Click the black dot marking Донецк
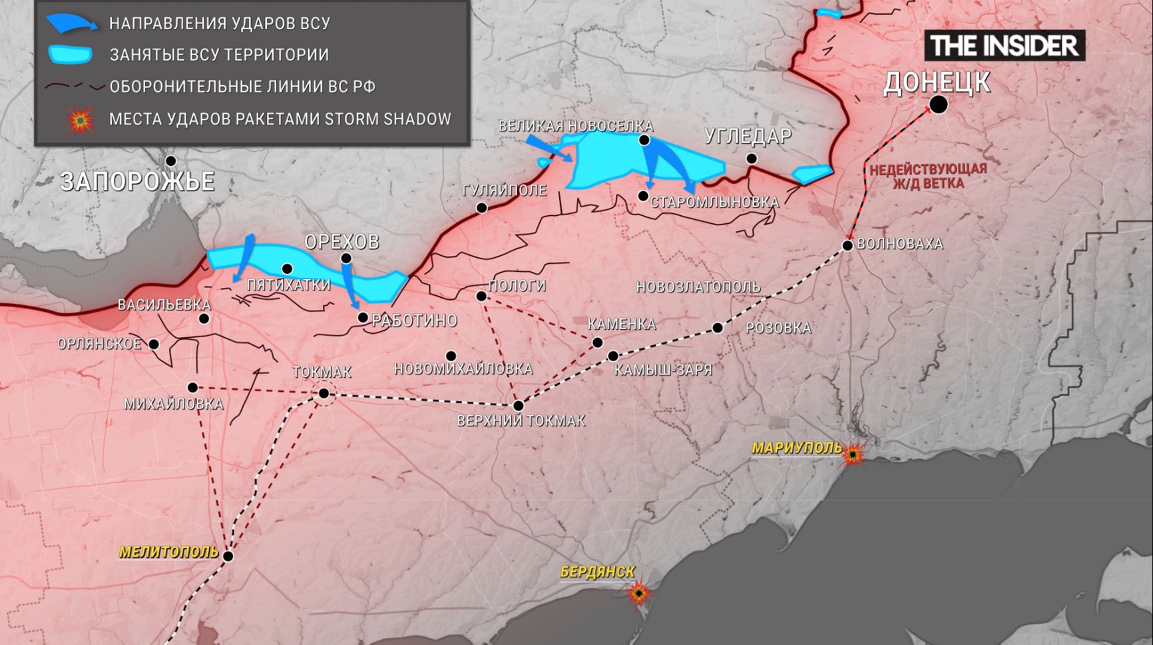click(938, 105)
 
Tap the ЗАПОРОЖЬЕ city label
click(137, 182)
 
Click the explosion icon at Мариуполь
click(853, 455)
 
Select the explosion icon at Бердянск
click(639, 592)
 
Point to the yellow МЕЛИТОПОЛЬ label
click(169, 552)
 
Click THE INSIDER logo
click(1004, 46)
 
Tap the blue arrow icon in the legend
click(71, 24)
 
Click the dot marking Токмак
click(324, 394)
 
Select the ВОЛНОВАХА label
click(899, 244)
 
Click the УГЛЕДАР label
click(748, 137)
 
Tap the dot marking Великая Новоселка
click(644, 140)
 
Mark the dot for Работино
click(363, 318)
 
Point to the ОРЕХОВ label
click(342, 242)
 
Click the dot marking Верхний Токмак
click(518, 405)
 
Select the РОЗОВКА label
click(778, 328)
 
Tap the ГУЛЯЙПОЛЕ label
click(504, 191)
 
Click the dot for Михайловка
click(192, 388)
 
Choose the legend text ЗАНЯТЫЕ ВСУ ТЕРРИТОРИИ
click(219, 55)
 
